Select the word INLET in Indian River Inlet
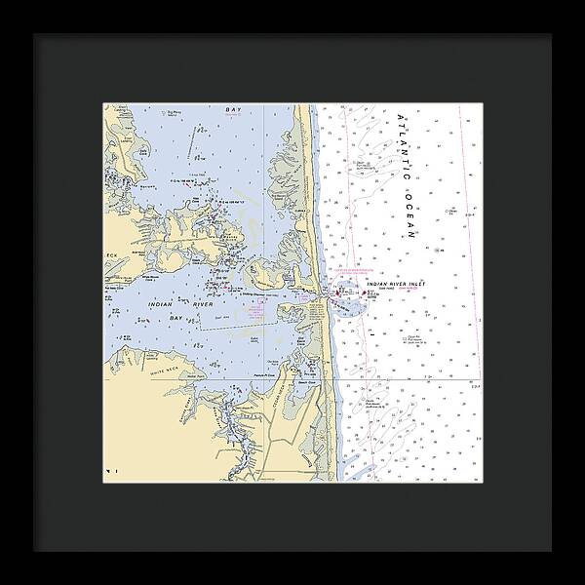[415, 283]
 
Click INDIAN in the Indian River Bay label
[162, 305]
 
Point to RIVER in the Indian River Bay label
[201, 305]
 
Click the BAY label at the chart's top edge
[232, 112]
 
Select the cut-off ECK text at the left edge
[111, 255]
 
